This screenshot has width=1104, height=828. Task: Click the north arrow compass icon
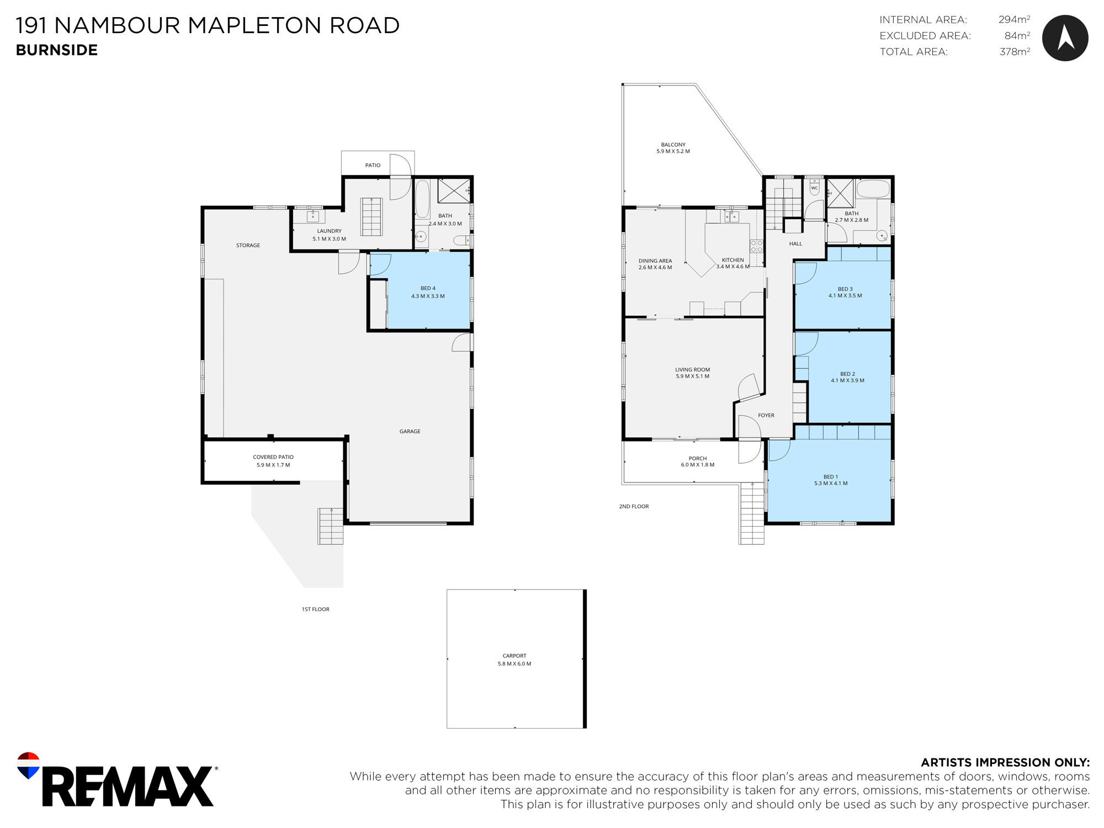[1065, 38]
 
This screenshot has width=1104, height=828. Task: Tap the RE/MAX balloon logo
[29, 765]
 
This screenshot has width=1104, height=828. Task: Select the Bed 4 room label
[428, 288]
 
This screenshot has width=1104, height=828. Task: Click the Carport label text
[514, 656]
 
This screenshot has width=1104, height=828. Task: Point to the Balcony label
[673, 145]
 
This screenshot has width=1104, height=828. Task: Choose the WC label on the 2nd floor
[814, 188]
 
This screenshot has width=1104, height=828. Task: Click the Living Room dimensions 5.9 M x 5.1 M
[693, 376]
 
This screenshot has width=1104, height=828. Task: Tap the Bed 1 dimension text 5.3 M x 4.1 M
[831, 484]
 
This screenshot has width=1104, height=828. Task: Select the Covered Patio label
[273, 457]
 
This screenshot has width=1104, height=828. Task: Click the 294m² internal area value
[1014, 20]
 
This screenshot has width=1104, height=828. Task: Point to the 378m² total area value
[1015, 52]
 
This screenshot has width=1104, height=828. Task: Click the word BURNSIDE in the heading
[57, 50]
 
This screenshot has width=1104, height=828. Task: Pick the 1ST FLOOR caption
[315, 609]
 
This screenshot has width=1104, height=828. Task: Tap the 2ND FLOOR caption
[634, 506]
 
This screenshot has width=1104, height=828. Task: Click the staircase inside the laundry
[371, 216]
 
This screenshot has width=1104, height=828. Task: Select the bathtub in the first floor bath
[422, 199]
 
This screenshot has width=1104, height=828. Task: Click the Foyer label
[766, 416]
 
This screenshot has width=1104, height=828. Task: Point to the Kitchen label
[733, 260]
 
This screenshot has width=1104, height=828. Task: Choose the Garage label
[410, 432]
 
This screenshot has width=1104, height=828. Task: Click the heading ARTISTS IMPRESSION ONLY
[1005, 762]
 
